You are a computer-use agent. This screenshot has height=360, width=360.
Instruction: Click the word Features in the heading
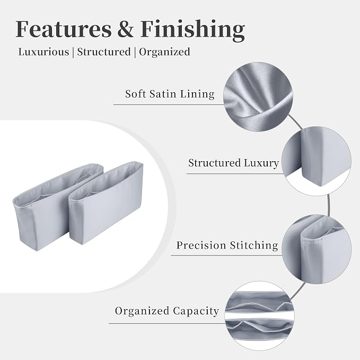tap(64, 29)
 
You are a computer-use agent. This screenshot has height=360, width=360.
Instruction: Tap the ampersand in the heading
tap(126, 29)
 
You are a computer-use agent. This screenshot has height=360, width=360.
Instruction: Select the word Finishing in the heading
tap(192, 31)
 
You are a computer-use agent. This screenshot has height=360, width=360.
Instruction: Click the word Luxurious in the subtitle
tap(43, 51)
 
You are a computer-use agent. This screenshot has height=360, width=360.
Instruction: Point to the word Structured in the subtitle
tap(104, 51)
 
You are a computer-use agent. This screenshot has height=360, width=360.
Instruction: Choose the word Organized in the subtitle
tap(164, 52)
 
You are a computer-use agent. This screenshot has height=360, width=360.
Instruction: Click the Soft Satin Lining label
tap(170, 94)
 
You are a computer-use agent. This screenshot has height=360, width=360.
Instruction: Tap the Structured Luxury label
tap(233, 163)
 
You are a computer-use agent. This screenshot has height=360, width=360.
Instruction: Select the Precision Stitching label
tap(227, 245)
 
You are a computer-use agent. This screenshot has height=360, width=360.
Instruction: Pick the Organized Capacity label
tap(167, 311)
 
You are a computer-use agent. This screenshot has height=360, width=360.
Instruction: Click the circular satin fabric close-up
tap(258, 96)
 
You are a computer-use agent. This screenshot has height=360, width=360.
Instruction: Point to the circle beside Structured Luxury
tap(317, 161)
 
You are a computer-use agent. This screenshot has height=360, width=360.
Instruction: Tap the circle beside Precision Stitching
tap(317, 250)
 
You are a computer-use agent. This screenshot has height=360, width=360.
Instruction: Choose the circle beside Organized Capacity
tap(260, 316)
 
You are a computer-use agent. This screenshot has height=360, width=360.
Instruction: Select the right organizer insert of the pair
tap(106, 202)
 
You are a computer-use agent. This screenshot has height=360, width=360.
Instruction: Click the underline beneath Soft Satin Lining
tap(169, 104)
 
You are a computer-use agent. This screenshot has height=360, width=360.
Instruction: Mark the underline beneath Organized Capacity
tap(167, 323)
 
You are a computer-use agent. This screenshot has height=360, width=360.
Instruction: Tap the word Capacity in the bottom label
tap(196, 312)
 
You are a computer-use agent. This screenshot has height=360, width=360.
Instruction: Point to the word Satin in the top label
tap(163, 94)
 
